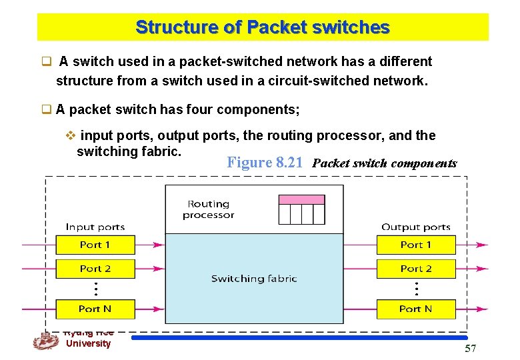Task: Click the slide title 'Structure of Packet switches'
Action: point(262,27)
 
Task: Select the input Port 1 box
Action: point(95,245)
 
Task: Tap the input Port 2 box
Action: point(95,269)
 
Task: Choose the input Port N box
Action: point(95,309)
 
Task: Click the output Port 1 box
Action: point(416,245)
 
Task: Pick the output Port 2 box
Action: point(416,269)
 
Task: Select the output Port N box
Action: point(416,309)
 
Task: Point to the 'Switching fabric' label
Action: point(254,279)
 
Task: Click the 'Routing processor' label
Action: point(209,209)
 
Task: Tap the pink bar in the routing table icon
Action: point(301,199)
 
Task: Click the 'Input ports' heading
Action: point(95,227)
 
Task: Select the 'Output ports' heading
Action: point(416,227)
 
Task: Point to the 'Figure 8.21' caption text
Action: point(266,163)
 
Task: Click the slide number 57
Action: point(470,349)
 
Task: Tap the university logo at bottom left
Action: point(45,341)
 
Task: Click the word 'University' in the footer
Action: point(88,344)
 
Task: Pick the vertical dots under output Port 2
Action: point(416,289)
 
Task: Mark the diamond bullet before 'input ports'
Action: point(71,136)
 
